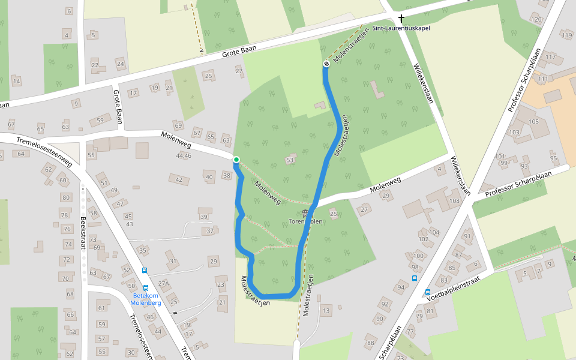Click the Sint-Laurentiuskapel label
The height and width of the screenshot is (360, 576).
tap(401, 28)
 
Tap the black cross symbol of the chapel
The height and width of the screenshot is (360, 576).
tap(401, 19)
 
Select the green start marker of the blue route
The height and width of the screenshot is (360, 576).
tap(236, 160)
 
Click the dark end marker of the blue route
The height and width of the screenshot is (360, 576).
tap(326, 64)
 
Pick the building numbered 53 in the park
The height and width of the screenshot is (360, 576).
tap(290, 160)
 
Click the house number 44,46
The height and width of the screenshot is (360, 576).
tap(183, 156)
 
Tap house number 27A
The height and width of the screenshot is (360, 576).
tap(163, 284)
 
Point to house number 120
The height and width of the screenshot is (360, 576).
tap(536, 20)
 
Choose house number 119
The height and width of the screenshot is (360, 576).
tap(567, 35)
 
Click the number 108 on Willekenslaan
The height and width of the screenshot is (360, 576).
tap(454, 201)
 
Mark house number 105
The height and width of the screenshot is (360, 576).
tap(534, 122)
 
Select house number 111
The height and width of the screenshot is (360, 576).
tap(543, 79)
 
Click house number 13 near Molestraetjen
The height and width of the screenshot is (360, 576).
tap(326, 310)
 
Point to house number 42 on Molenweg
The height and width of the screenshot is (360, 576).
tap(179, 179)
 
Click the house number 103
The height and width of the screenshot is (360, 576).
tap(514, 132)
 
